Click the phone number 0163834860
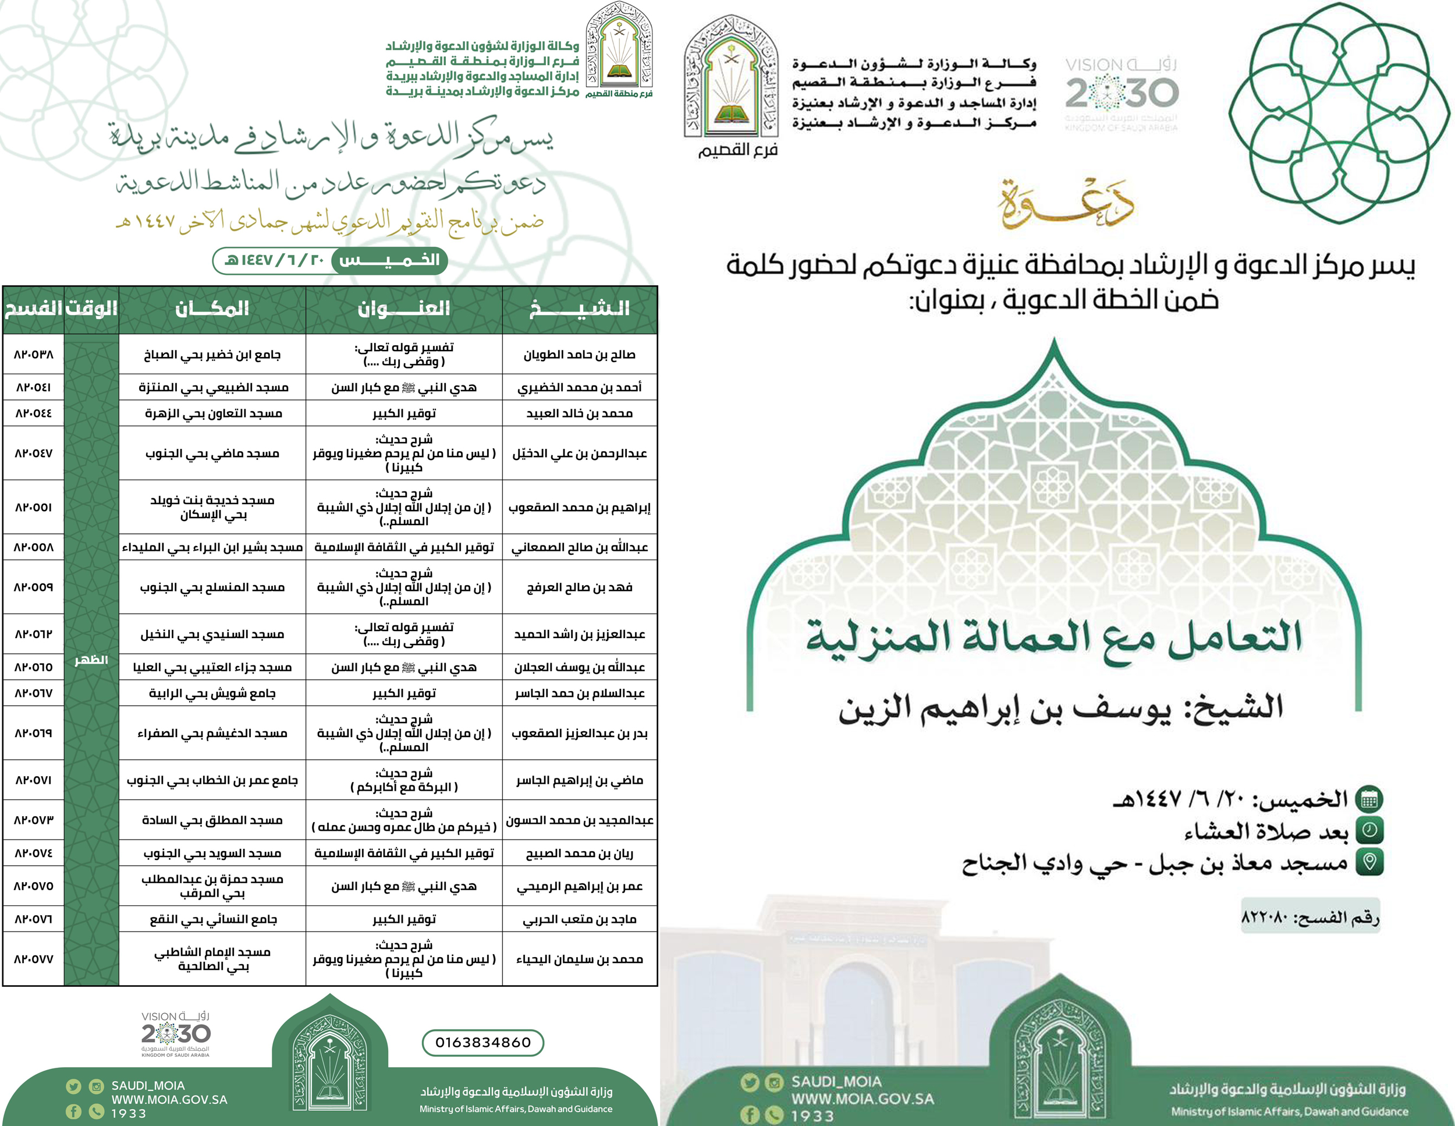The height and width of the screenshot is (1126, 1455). (x=483, y=1043)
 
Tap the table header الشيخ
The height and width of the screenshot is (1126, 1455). (x=580, y=309)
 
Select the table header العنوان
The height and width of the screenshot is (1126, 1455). (x=404, y=309)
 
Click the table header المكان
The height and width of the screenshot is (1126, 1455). (x=212, y=309)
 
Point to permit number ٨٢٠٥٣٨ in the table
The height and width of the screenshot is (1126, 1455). (x=33, y=355)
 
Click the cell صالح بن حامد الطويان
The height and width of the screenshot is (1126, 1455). (x=580, y=355)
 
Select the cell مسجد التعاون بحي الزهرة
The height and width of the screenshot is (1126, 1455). (x=213, y=413)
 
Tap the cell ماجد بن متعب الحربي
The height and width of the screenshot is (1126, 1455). (x=580, y=919)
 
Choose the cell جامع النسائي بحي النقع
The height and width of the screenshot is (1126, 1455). (x=213, y=919)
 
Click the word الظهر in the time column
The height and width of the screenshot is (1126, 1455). (x=91, y=660)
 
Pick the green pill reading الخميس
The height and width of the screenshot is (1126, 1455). (x=390, y=260)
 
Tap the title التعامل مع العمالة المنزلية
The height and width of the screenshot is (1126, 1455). (x=1053, y=636)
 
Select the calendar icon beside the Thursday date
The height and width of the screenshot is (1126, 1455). (x=1369, y=799)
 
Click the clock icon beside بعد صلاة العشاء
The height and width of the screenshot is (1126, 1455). (x=1369, y=830)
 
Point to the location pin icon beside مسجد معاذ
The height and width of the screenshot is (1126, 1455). (x=1369, y=862)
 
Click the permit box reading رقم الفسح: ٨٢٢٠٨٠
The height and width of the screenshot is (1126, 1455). (x=1309, y=918)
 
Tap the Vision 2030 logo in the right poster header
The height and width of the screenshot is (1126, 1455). (x=1122, y=93)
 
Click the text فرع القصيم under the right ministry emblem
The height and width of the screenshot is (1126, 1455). (x=738, y=149)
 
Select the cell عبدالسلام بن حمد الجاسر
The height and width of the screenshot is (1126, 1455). (x=580, y=693)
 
